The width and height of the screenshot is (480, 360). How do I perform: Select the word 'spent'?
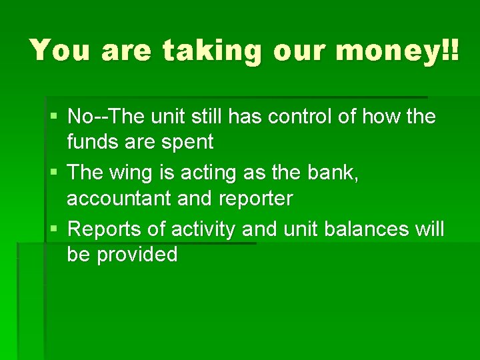(x=189, y=141)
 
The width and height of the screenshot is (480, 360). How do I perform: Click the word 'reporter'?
(x=253, y=198)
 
